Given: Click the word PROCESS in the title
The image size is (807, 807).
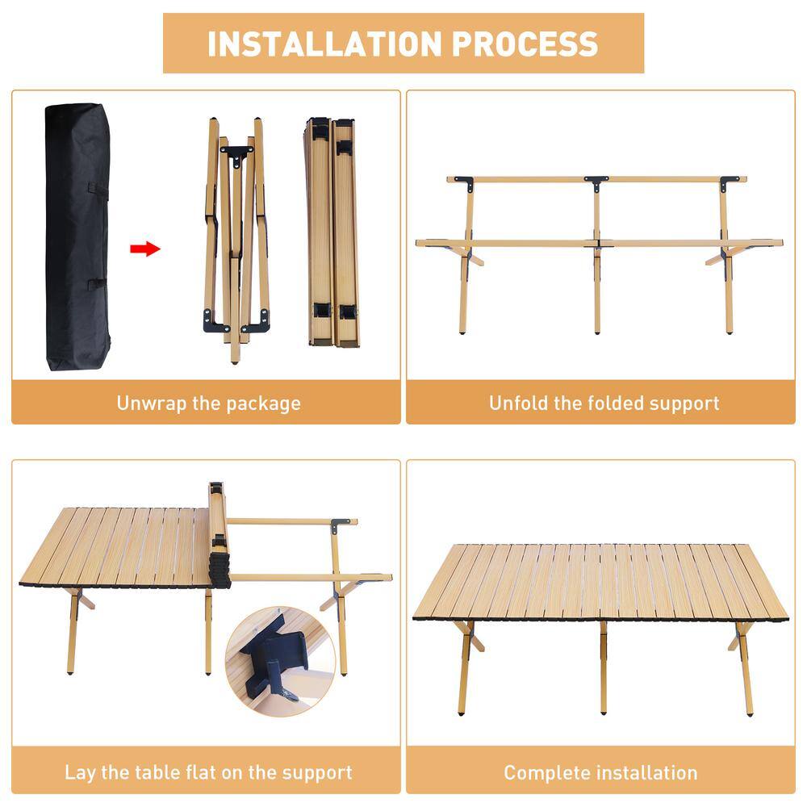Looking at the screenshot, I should [x=525, y=44].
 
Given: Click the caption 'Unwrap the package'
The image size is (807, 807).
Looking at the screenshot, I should [x=208, y=403].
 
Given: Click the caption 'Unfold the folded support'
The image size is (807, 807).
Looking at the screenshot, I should [x=604, y=403].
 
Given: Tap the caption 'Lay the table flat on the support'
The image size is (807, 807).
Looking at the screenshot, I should [x=208, y=772].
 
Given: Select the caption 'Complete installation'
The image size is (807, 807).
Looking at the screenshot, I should [x=600, y=772].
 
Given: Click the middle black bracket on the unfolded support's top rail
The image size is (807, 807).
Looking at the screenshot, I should [x=596, y=182].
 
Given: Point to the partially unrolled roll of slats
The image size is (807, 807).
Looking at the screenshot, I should [x=218, y=537].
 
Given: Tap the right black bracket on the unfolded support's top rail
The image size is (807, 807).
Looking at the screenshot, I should [x=730, y=182].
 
